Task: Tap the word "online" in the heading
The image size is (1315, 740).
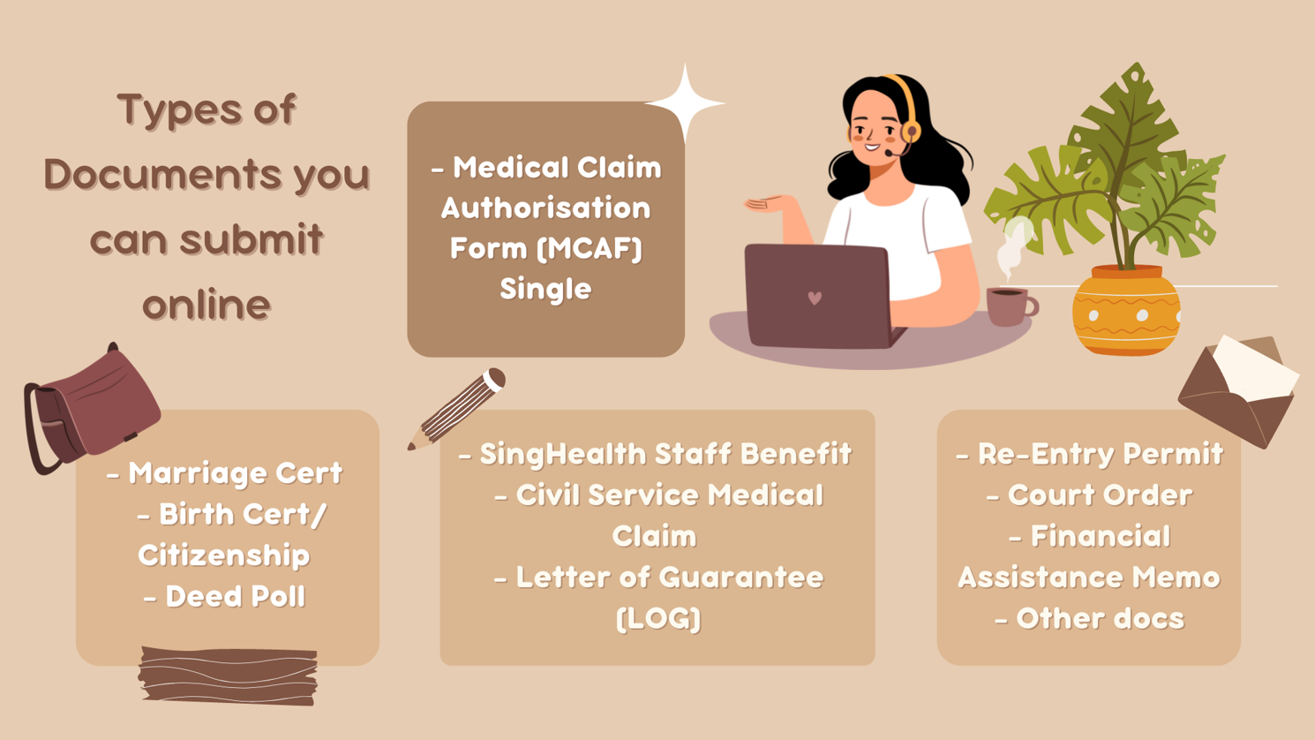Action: [x=207, y=305]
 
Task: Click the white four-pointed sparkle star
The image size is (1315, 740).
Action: [x=685, y=103]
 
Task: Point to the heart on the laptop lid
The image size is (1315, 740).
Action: [x=815, y=298]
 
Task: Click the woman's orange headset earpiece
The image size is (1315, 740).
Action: [x=911, y=131]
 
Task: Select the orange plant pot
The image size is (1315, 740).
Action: [x=1126, y=310]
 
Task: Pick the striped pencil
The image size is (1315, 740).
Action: [x=457, y=410]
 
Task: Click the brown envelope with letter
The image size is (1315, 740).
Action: [x=1239, y=390]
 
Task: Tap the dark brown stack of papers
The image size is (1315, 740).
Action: [x=228, y=676]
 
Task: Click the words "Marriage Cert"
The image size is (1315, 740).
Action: [x=236, y=473]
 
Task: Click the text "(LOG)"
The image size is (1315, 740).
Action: [x=658, y=619]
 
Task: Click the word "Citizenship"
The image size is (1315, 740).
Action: [x=223, y=555]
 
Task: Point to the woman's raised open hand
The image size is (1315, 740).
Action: [x=767, y=204]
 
